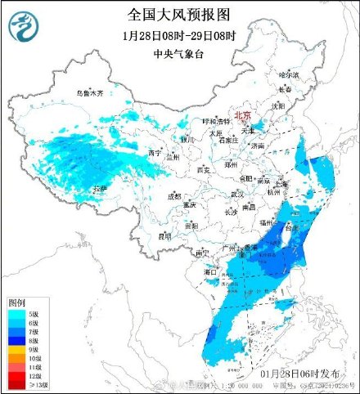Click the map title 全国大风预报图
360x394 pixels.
[180, 14]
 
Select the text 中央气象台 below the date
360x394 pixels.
[179, 55]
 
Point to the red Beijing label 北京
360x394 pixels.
[243, 116]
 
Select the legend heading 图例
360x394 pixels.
[18, 302]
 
